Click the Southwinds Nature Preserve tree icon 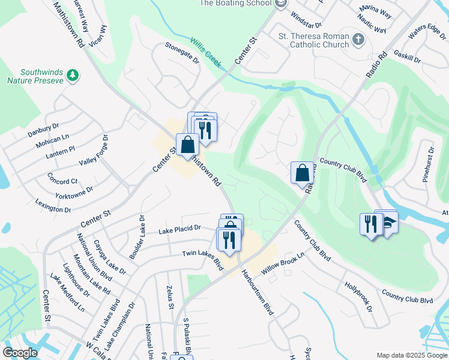tap(73, 74)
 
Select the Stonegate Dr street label tap(182, 53)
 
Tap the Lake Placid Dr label tap(179, 229)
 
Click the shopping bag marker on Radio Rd tap(302, 173)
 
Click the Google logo tap(20, 353)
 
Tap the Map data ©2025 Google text tap(411, 355)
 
